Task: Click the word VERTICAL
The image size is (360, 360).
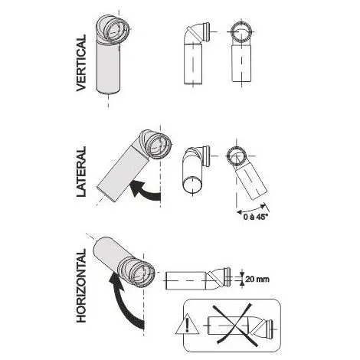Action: (x=81, y=63)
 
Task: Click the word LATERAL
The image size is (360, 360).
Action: (x=81, y=172)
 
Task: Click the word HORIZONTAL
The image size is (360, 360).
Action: (x=81, y=286)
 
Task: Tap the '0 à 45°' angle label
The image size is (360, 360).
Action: (x=255, y=218)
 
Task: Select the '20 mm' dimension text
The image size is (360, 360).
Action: (x=257, y=279)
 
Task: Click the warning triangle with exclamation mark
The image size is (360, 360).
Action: (x=187, y=324)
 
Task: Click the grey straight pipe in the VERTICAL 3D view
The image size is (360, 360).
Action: (x=108, y=67)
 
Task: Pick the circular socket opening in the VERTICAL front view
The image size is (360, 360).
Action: (x=241, y=32)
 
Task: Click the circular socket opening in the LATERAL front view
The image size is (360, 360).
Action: (x=237, y=155)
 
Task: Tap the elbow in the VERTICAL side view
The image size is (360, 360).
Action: (x=197, y=34)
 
